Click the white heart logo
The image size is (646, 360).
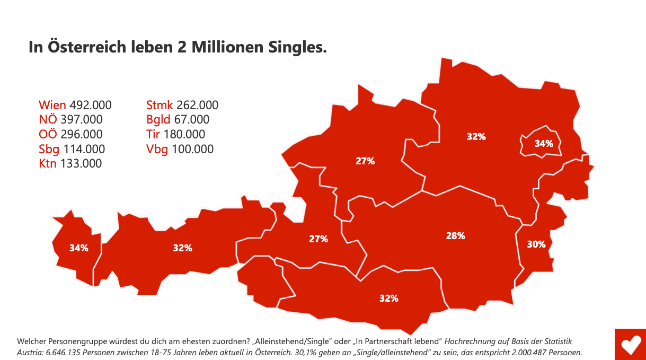pyautogui.click(x=630, y=345)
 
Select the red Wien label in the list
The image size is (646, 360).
pyautogui.click(x=52, y=105)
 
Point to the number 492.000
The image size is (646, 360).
pyautogui.click(x=90, y=105)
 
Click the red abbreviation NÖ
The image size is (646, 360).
pyautogui.click(x=48, y=120)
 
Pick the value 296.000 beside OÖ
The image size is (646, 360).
pyautogui.click(x=82, y=134)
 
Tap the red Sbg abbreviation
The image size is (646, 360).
pyautogui.click(x=49, y=149)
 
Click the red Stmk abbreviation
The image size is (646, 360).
pyautogui.click(x=160, y=105)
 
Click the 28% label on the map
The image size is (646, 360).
pyautogui.click(x=455, y=236)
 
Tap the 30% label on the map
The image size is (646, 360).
pyautogui.click(x=536, y=244)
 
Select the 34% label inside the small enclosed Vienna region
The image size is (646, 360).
pyautogui.click(x=544, y=143)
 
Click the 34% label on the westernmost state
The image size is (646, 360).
pyautogui.click(x=78, y=248)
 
